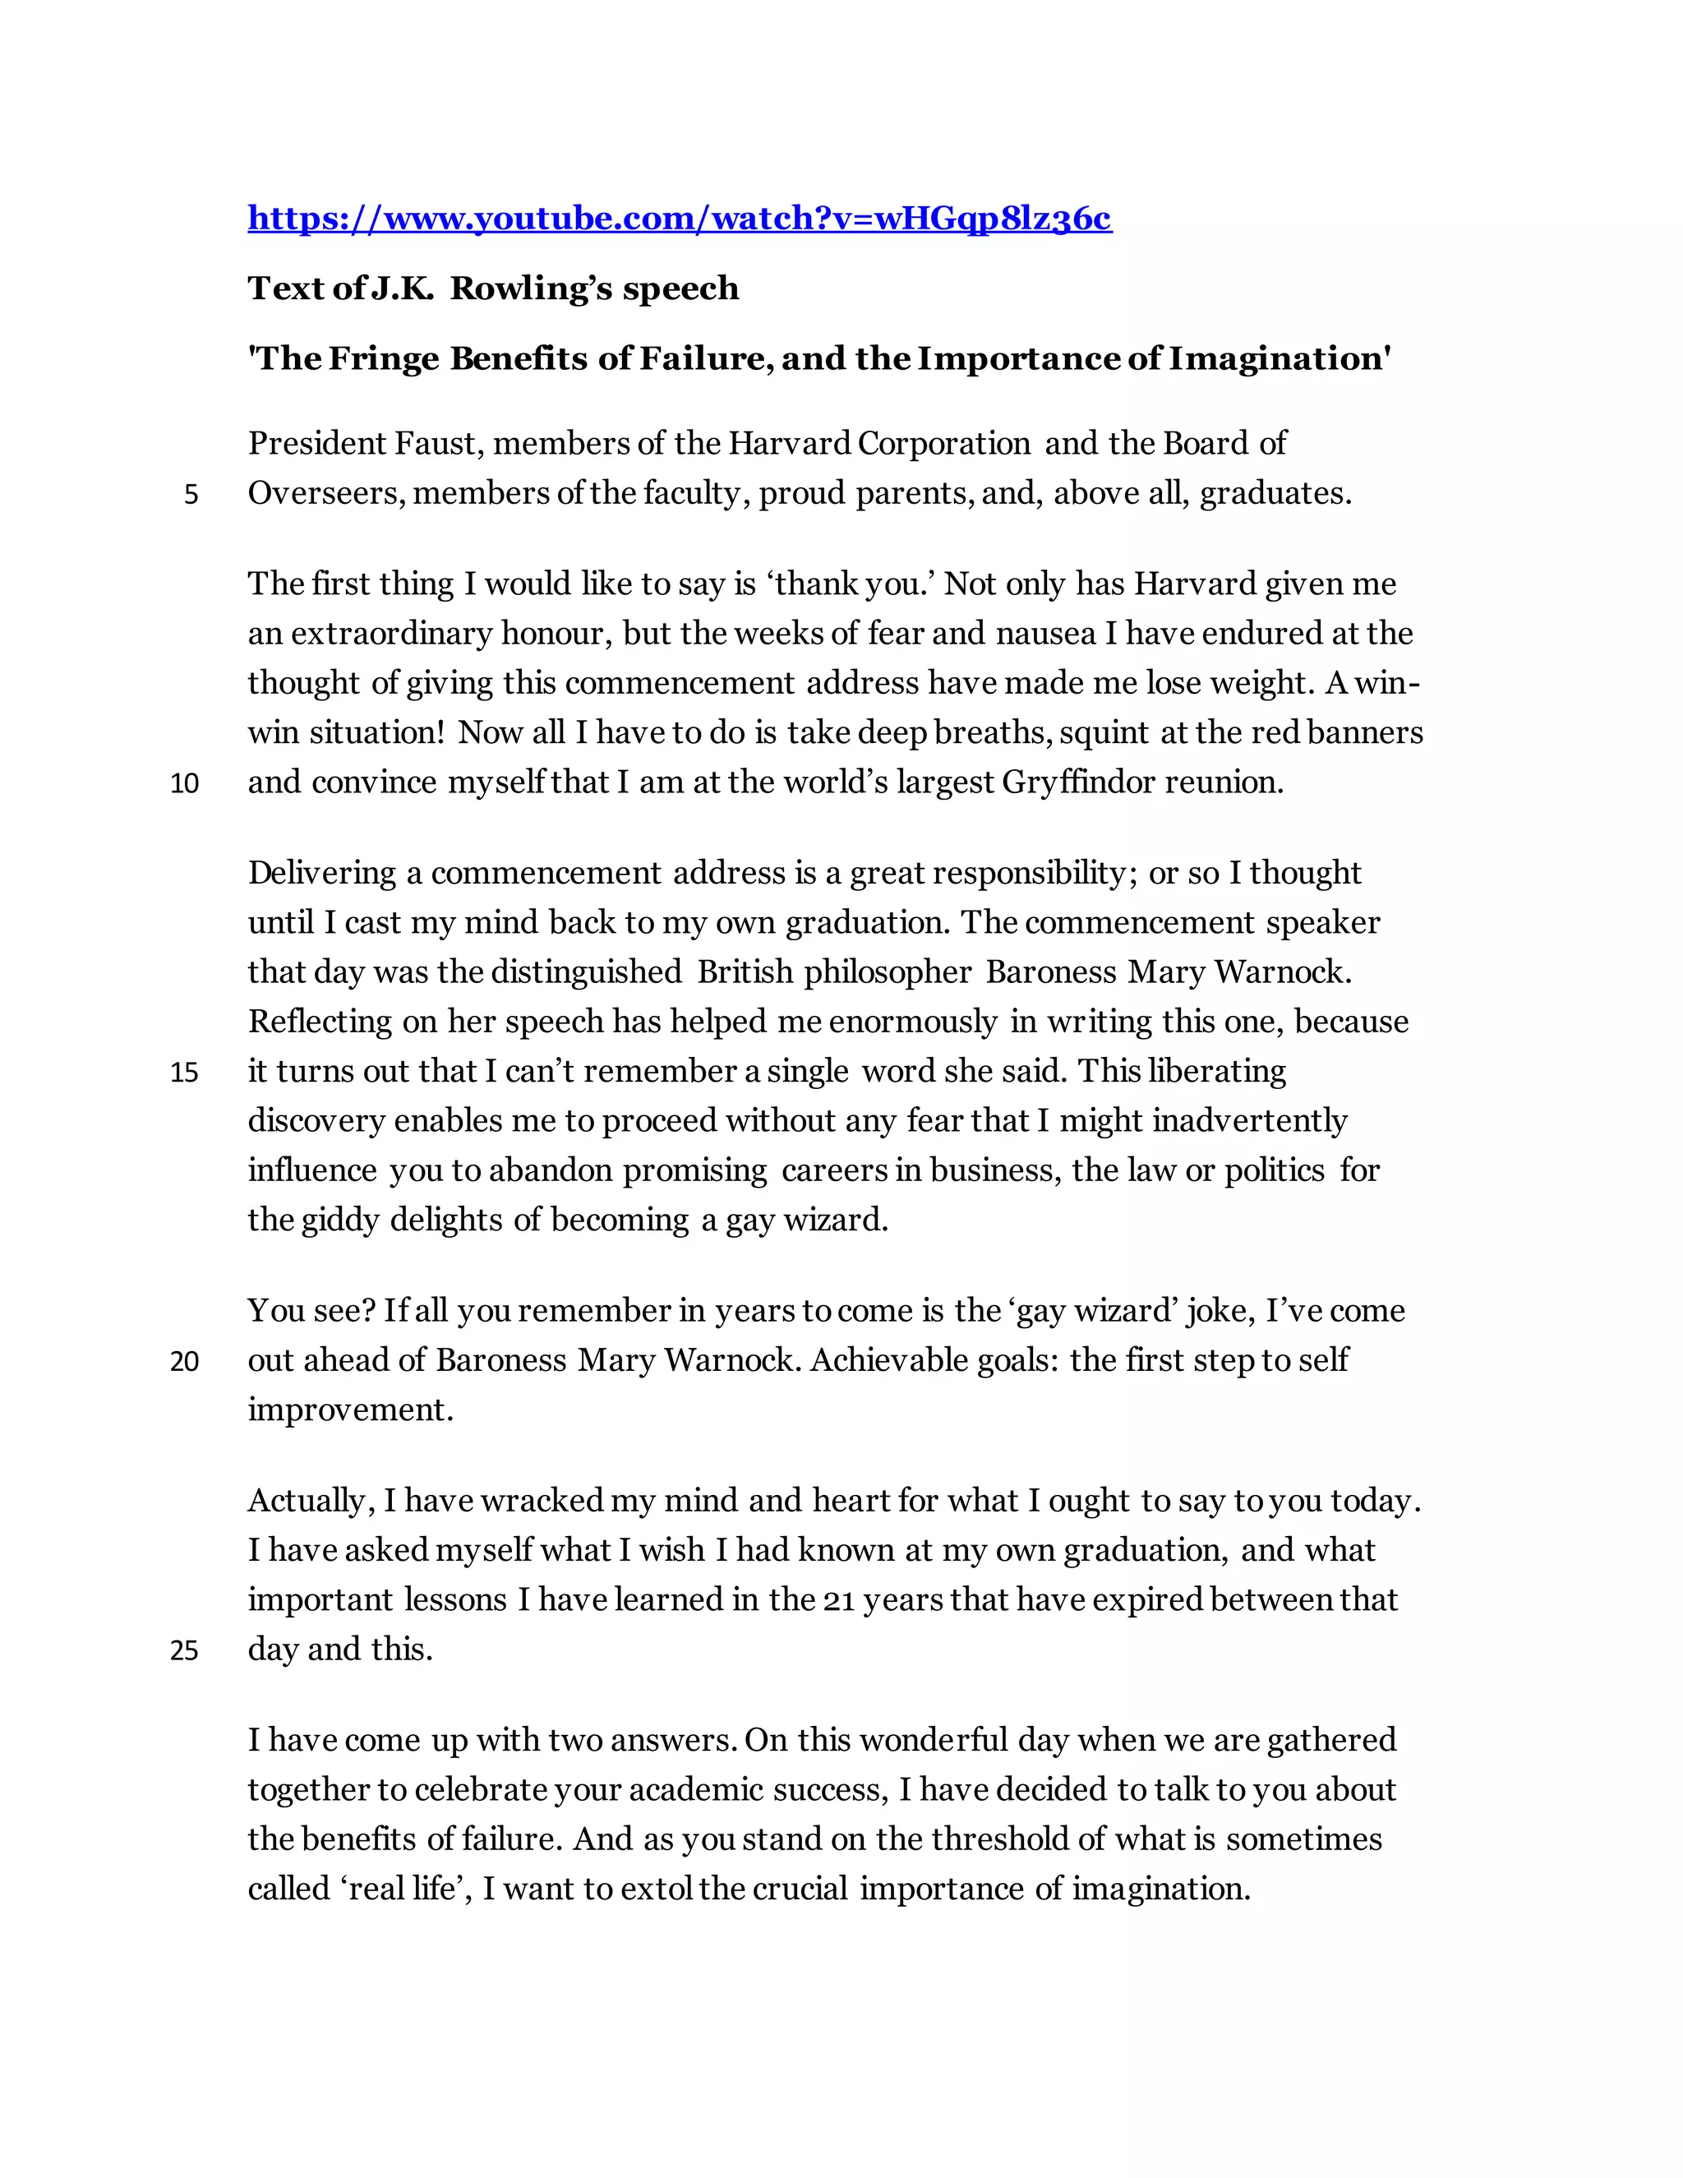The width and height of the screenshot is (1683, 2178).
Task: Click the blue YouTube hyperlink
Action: coord(679,218)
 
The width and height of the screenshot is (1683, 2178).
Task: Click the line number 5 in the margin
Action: coord(191,495)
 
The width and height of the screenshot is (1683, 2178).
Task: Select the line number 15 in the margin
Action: coord(184,1073)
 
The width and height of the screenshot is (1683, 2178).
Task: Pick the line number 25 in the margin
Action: coord(184,1651)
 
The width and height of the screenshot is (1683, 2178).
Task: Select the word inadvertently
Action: coord(1249,1121)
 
